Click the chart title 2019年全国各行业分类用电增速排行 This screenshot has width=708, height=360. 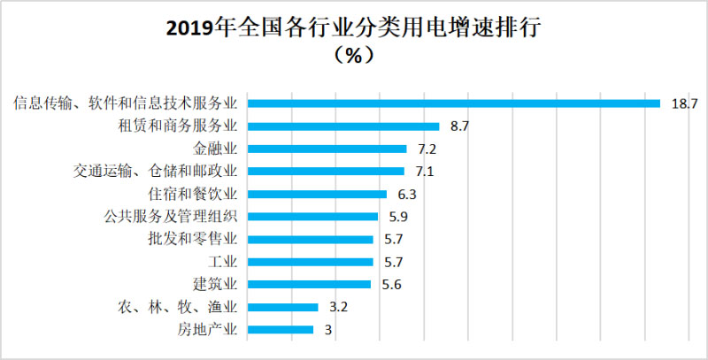tap(354, 27)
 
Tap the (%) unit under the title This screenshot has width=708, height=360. tap(353, 56)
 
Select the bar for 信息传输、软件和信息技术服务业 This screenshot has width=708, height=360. tap(454, 103)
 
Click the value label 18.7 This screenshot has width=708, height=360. tap(684, 103)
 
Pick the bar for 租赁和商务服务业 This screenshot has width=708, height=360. tap(343, 126)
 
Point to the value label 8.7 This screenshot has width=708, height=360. tap(458, 126)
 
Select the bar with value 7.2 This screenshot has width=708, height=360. tap(327, 149)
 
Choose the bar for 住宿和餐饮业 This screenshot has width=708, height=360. tap(317, 194)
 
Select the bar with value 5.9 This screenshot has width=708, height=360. tap(312, 217)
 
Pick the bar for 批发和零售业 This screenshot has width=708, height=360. tap(310, 239)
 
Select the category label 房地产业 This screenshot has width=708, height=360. tap(209, 331)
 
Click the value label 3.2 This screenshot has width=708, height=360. tap(336, 308)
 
